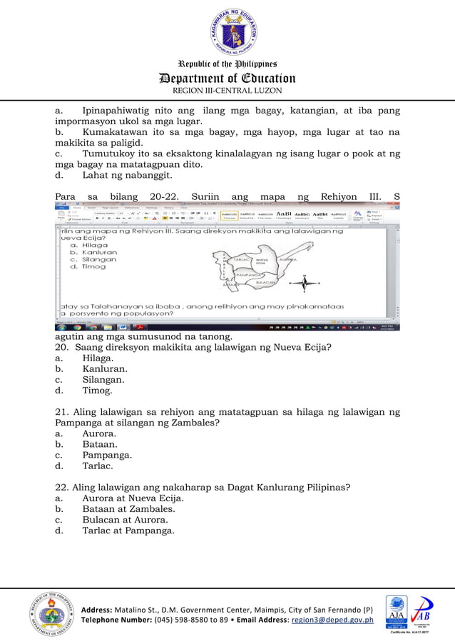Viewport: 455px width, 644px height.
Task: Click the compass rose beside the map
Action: click(305, 283)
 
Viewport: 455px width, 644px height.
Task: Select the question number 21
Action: click(61, 412)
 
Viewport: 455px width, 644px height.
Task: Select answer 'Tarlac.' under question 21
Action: click(98, 466)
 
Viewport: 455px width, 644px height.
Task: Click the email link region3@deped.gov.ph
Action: click(336, 620)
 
